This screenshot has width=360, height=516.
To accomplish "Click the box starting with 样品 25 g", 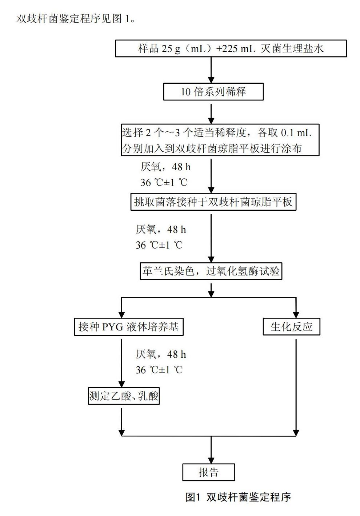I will [x=231, y=48].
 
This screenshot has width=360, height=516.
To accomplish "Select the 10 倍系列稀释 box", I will [x=213, y=91].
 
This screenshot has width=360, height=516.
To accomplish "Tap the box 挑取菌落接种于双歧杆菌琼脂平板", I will [x=213, y=202].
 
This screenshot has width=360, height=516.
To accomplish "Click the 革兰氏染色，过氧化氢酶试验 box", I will [x=211, y=271].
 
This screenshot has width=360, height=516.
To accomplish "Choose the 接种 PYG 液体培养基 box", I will [x=128, y=326].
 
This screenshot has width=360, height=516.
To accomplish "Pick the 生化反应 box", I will [x=291, y=326].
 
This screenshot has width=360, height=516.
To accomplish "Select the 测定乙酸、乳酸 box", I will [x=124, y=396].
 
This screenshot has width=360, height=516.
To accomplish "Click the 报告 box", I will [x=208, y=472].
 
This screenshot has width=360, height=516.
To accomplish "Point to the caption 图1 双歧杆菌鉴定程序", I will [x=238, y=497].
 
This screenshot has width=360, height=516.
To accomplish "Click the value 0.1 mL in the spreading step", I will [x=296, y=133].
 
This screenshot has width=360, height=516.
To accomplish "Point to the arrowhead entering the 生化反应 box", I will [x=296, y=314].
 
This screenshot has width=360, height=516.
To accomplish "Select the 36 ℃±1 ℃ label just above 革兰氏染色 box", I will [x=159, y=245].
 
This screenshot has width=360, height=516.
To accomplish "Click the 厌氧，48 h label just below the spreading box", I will [x=165, y=167].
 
